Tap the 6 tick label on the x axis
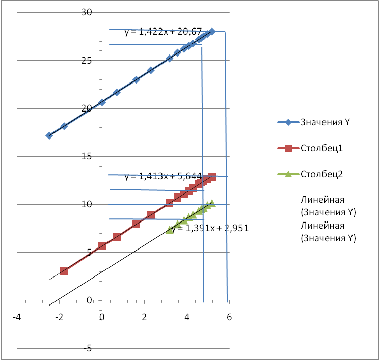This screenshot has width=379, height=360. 229,317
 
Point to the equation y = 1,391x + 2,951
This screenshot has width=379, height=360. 210,228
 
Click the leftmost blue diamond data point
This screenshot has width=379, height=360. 49,135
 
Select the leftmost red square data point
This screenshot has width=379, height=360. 64,271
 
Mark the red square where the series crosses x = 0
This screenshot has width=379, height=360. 102,246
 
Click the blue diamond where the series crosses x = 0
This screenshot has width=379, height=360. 102,102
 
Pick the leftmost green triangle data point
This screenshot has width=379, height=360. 170,230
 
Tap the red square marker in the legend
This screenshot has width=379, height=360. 287,148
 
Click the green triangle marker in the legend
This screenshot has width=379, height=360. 287,174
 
